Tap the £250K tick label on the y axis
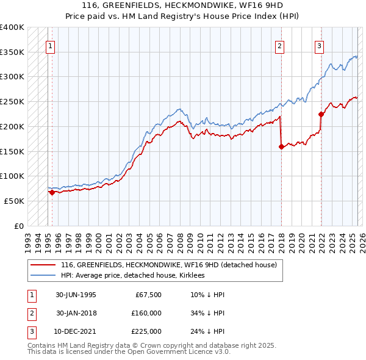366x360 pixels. pos(12,102)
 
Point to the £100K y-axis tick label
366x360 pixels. pos(12,176)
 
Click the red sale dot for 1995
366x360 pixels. pos(52,192)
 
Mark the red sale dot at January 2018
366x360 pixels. pos(281,146)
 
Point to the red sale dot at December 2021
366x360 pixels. pos(321,114)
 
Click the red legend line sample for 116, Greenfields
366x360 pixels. pos(42,265)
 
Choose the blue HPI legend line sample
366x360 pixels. pos(42,275)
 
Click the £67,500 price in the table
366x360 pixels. pos(148,295)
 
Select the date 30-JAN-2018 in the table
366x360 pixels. pos(76,313)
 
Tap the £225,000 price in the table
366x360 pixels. pos(146,331)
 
